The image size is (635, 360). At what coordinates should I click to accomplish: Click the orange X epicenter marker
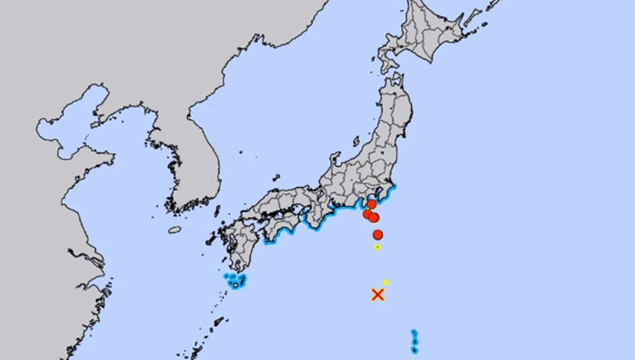pyautogui.click(x=378, y=294)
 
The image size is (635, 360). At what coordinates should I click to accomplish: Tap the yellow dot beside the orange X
pyautogui.click(x=385, y=282)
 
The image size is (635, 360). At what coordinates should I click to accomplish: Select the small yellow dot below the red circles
pyautogui.click(x=377, y=247)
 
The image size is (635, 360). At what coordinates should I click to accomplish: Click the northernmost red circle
pyautogui.click(x=372, y=204)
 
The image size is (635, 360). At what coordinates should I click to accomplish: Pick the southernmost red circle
pyautogui.click(x=378, y=235)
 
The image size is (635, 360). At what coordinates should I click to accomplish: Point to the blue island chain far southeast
pyautogui.click(x=414, y=341)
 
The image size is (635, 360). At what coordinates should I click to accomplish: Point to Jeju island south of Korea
pyautogui.click(x=174, y=230)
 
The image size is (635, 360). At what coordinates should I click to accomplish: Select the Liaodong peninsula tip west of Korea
pyautogui.click(x=97, y=121)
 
